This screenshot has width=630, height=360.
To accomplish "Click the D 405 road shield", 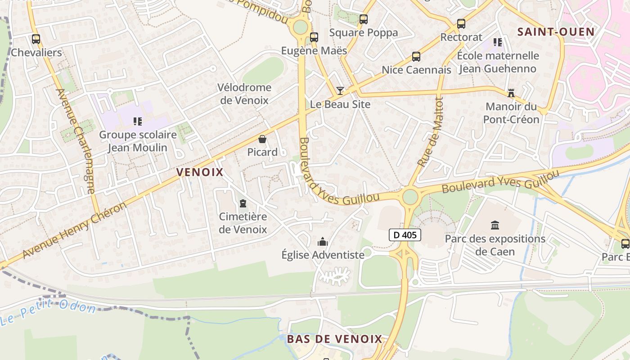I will pyautogui.click(x=405, y=234).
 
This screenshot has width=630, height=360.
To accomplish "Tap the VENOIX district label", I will pyautogui.click(x=200, y=172).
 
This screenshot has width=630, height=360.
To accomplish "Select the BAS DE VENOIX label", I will pyautogui.click(x=334, y=339).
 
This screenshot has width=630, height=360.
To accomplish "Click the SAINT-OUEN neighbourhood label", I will pyautogui.click(x=556, y=31).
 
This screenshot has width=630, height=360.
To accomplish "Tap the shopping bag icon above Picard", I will pyautogui.click(x=262, y=139).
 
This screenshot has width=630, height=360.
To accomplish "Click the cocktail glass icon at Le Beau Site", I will pyautogui.click(x=340, y=91).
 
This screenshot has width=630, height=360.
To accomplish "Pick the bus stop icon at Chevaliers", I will pyautogui.click(x=36, y=39).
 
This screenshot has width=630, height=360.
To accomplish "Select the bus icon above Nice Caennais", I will pyautogui.click(x=416, y=57).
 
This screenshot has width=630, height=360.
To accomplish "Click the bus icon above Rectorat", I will pyautogui.click(x=461, y=24).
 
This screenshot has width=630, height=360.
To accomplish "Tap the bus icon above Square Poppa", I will pyautogui.click(x=364, y=19).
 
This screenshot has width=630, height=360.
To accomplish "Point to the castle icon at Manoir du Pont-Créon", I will pyautogui.click(x=511, y=93).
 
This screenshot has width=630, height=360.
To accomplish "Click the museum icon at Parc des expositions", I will pyautogui.click(x=495, y=225).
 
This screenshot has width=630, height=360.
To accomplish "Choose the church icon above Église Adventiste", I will pyautogui.click(x=323, y=242).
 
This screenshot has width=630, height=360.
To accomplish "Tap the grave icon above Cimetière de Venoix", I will pyautogui.click(x=243, y=203).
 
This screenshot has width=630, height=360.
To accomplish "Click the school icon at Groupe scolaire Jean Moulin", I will pyautogui.click(x=138, y=121).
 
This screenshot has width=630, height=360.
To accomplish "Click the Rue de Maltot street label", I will pyautogui.click(x=431, y=132).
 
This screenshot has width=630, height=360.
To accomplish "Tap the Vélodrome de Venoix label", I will pyautogui.click(x=244, y=94).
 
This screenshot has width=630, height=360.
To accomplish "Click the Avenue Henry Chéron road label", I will pyautogui.click(x=74, y=230).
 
